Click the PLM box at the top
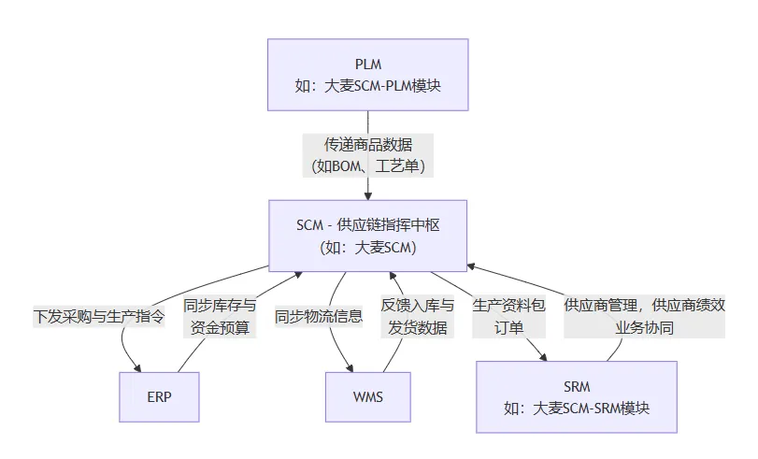pos(367,75)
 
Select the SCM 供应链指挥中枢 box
pos(367,235)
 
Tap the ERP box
pos(159,396)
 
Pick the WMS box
pos(367,396)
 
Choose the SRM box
pos(577,396)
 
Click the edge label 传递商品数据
pos(367,145)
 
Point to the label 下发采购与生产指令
pos(99,316)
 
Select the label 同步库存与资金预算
pos(219,316)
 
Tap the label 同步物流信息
pos(318,316)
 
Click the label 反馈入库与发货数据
pos(417,316)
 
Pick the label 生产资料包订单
pos(508,316)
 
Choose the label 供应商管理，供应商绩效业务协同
pos(644,316)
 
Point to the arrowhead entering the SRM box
pos(545,356)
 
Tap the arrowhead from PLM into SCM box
pos(368,194)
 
